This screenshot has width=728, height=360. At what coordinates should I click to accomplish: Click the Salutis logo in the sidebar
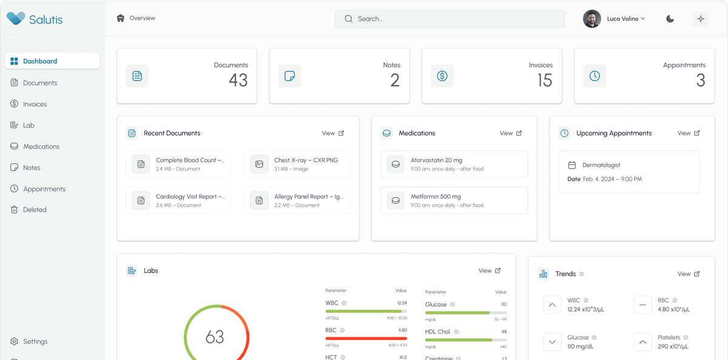(35, 19)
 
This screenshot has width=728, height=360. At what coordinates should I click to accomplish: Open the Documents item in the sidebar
(39, 83)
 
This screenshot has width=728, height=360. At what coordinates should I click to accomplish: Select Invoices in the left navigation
(35, 104)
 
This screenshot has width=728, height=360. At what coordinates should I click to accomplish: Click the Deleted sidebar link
(35, 209)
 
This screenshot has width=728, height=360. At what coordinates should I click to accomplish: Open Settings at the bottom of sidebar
(35, 341)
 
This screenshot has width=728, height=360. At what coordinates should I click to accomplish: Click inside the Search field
(449, 19)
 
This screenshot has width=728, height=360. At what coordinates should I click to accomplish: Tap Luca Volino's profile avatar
(592, 19)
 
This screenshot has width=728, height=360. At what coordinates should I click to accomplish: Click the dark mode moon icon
(670, 19)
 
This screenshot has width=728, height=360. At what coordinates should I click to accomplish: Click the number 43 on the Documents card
(238, 80)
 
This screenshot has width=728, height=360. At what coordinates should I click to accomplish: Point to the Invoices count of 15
(544, 80)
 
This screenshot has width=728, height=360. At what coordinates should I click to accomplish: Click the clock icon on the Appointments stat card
(595, 76)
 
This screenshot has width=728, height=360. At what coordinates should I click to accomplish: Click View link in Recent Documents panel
(332, 133)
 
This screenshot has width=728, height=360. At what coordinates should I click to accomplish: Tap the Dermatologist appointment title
(601, 165)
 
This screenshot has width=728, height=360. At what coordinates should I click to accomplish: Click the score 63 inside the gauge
(215, 337)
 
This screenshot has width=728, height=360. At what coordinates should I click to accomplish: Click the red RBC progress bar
(366, 338)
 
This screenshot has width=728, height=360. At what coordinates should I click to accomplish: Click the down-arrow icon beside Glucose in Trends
(552, 342)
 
